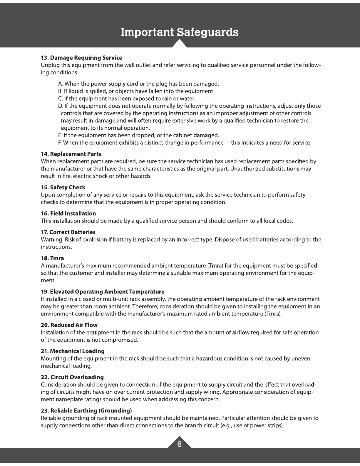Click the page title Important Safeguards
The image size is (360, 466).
(180, 32)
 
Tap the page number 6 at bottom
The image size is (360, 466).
(179, 444)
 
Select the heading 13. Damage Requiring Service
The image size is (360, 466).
(81, 58)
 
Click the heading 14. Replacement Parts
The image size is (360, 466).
(71, 154)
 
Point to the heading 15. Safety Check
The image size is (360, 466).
(63, 187)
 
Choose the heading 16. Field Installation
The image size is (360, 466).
(68, 213)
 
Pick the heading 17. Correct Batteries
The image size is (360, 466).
(68, 232)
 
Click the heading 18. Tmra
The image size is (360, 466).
(52, 258)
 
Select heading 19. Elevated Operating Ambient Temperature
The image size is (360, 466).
(103, 292)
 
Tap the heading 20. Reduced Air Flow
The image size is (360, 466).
(69, 325)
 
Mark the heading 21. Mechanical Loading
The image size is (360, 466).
(73, 351)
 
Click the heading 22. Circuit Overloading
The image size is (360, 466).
(72, 377)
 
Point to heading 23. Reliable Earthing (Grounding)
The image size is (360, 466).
(86, 410)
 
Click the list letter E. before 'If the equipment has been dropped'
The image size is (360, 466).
(60, 135)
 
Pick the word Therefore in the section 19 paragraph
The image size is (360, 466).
(145, 307)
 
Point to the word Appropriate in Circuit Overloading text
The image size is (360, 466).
(238, 392)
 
